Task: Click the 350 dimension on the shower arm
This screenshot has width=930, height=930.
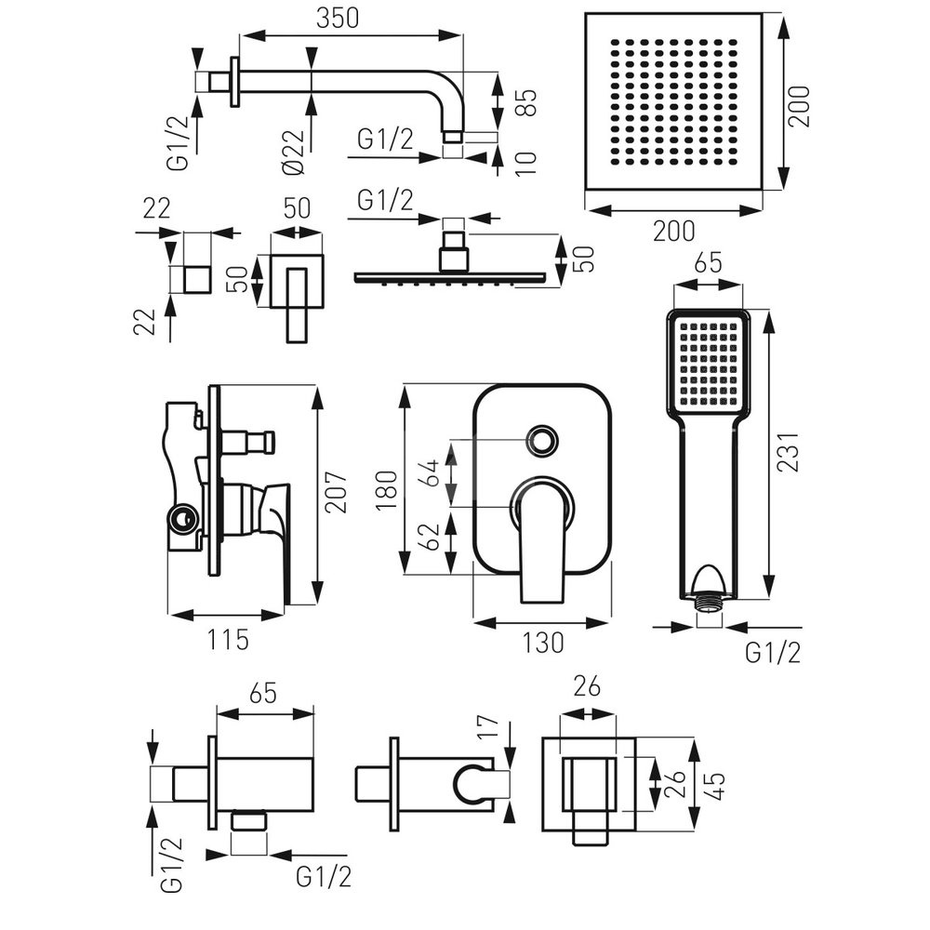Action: (x=338, y=18)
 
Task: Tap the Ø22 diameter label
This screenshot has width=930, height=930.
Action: (x=294, y=153)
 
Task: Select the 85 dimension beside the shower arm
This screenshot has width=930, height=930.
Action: (x=525, y=102)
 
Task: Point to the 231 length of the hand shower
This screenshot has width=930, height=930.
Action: (x=789, y=453)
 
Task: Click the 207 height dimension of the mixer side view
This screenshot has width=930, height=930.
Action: (x=336, y=492)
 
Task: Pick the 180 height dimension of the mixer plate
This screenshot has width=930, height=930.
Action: (x=386, y=489)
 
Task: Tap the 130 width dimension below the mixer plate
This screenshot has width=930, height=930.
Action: (x=543, y=643)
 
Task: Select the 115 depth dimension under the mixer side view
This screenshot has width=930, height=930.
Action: (x=228, y=640)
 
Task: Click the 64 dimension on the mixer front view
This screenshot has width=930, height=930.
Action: (x=432, y=472)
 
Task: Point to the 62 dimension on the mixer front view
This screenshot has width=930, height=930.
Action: (x=432, y=538)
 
